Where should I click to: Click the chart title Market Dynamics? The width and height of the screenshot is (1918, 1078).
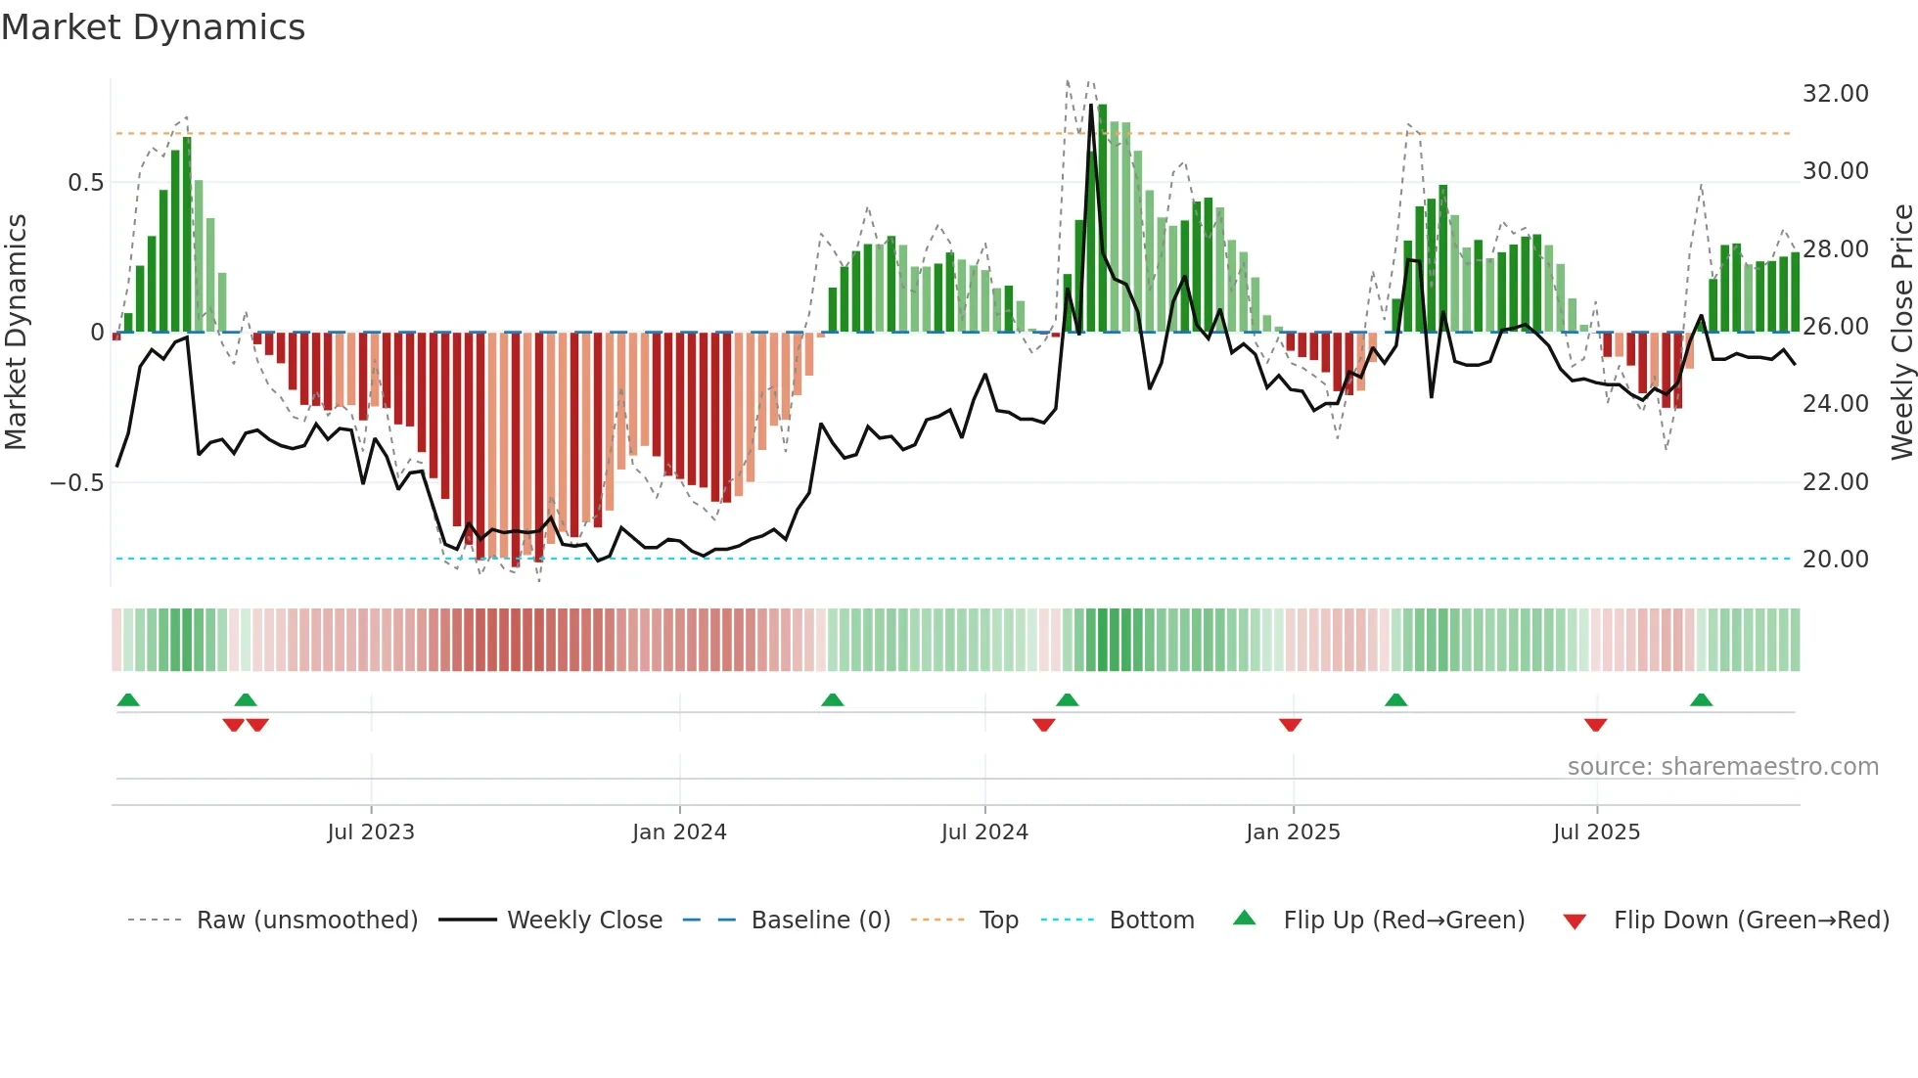click(154, 27)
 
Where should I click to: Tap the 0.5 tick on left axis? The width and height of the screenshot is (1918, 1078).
click(85, 183)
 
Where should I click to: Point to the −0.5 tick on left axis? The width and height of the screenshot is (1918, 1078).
click(76, 483)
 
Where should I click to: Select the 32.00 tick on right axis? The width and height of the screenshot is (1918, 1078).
click(1835, 94)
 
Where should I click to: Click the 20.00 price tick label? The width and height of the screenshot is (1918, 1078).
click(1835, 560)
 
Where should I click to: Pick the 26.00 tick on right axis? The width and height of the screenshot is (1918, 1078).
click(1835, 327)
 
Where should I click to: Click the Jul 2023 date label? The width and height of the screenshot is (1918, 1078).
click(371, 832)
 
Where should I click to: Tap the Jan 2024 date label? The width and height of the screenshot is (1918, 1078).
click(679, 832)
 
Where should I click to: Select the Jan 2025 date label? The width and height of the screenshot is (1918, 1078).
click(1293, 832)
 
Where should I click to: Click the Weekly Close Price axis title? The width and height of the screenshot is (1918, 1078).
click(1901, 333)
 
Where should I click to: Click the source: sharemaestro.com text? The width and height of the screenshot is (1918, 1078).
click(1722, 767)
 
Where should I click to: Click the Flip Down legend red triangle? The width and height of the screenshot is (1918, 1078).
click(1575, 921)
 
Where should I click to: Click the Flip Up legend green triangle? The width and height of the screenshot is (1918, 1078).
click(1244, 918)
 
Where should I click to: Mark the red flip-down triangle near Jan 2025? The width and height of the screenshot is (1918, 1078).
click(1290, 725)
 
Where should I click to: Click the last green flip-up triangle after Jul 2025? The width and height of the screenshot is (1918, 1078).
click(1701, 699)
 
